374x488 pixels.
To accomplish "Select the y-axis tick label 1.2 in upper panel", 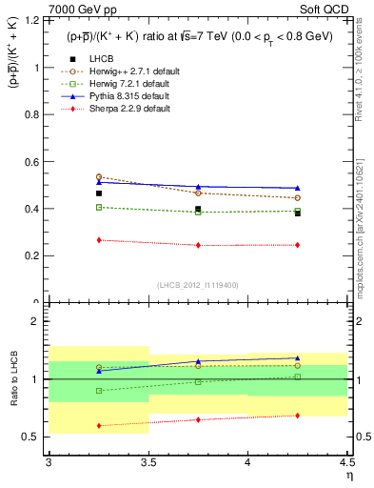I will pos(33,21).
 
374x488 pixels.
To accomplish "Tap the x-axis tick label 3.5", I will pos(148,462).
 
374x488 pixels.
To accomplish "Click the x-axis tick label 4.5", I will pos(347,462).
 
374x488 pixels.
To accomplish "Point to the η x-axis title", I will pos(349,475).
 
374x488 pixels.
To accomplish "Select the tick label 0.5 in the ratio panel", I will pos(33,437).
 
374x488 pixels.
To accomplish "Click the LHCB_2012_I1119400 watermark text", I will pos(198,285).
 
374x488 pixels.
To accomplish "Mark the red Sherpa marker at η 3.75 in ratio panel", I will pos(198,419).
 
